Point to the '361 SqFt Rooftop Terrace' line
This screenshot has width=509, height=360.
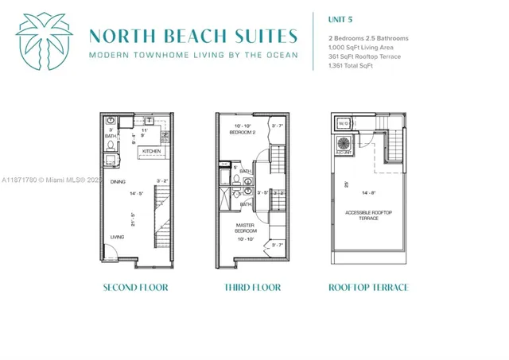pyautogui.click(x=364, y=56)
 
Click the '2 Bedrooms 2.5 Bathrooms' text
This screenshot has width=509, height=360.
pyautogui.click(x=368, y=38)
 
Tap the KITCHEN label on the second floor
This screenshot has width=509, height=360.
pyautogui.click(x=152, y=150)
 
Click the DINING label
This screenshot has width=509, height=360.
pyautogui.click(x=118, y=182)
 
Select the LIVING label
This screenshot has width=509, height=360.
pyautogui.click(x=117, y=237)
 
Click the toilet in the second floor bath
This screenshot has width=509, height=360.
pyautogui.click(x=111, y=146)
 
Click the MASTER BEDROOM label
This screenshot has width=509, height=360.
pyautogui.click(x=245, y=228)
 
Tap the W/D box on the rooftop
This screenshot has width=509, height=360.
pyautogui.click(x=344, y=123)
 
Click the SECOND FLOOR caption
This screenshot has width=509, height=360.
pyautogui.click(x=135, y=287)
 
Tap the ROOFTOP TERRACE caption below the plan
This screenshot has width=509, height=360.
pyautogui.click(x=368, y=287)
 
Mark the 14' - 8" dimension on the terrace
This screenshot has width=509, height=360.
pyautogui.click(x=368, y=192)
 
